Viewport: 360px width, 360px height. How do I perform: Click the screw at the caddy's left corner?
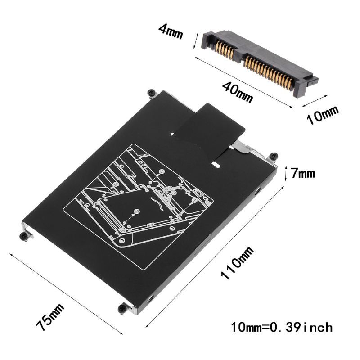pyautogui.click(x=22, y=235)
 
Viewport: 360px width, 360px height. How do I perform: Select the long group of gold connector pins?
pyautogui.click(x=270, y=72)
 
